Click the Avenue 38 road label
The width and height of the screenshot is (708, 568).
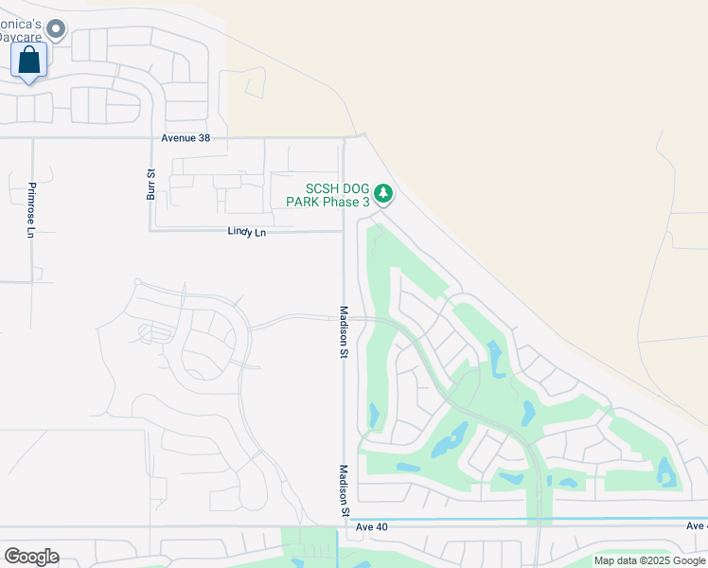pyautogui.click(x=186, y=138)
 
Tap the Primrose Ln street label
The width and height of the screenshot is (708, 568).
pyautogui.click(x=31, y=209)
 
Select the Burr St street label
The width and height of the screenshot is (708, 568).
pyautogui.click(x=150, y=184)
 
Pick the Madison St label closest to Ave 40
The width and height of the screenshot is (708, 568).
pyautogui.click(x=345, y=490)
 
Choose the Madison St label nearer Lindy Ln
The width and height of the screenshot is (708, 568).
pyautogui.click(x=345, y=330)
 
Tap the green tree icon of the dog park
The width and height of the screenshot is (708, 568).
pyautogui.click(x=382, y=194)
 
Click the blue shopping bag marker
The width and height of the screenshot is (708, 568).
pyautogui.click(x=29, y=61)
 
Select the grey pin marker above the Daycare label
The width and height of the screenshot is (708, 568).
pyautogui.click(x=56, y=30)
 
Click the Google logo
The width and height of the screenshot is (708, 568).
pyautogui.click(x=31, y=557)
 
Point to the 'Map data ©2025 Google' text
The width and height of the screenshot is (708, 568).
pyautogui.click(x=650, y=560)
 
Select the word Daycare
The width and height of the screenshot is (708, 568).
pyautogui.click(x=19, y=36)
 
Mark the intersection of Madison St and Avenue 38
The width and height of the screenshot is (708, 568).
pyautogui.click(x=344, y=138)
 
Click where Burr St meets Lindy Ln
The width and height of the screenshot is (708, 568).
pyautogui.click(x=150, y=230)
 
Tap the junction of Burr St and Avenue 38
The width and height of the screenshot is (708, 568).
pyautogui.click(x=150, y=138)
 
